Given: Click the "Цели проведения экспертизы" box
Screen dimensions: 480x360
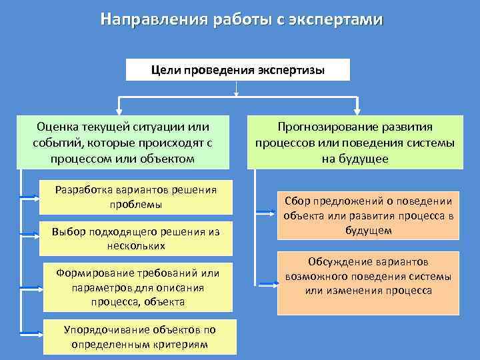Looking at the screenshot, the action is coord(238,69).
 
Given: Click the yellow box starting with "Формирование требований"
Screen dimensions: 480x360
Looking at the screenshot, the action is coord(138,287).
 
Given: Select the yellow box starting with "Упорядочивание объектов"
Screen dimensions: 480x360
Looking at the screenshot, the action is coord(139,337).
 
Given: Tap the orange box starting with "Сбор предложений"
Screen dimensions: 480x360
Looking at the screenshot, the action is coord(368,215).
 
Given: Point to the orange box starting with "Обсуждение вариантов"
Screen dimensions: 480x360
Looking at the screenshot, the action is coord(368,282).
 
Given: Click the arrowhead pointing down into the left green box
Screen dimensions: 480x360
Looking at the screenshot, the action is coord(119,109).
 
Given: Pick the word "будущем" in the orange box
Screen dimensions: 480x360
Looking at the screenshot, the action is coord(368,231).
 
